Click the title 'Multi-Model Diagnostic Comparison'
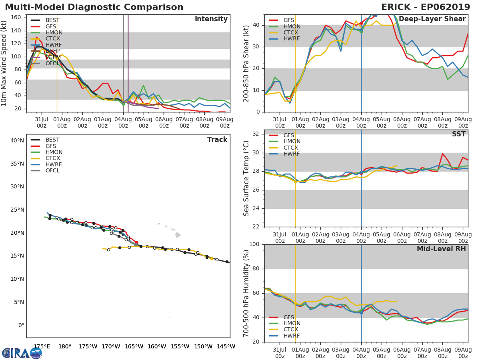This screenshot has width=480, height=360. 94,7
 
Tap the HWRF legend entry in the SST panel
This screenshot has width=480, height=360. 292,154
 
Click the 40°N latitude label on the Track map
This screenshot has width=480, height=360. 17,140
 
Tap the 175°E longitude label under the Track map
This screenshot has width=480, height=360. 42,347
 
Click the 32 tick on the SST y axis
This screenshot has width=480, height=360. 255,134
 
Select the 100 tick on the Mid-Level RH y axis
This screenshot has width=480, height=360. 253,244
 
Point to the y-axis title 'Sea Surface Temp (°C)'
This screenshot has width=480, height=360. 246,178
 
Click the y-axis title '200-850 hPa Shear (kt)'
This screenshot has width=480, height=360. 246,63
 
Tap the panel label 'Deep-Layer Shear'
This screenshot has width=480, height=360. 432,19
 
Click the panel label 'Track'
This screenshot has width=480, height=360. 217,140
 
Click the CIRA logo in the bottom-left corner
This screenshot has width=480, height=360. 22,353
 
